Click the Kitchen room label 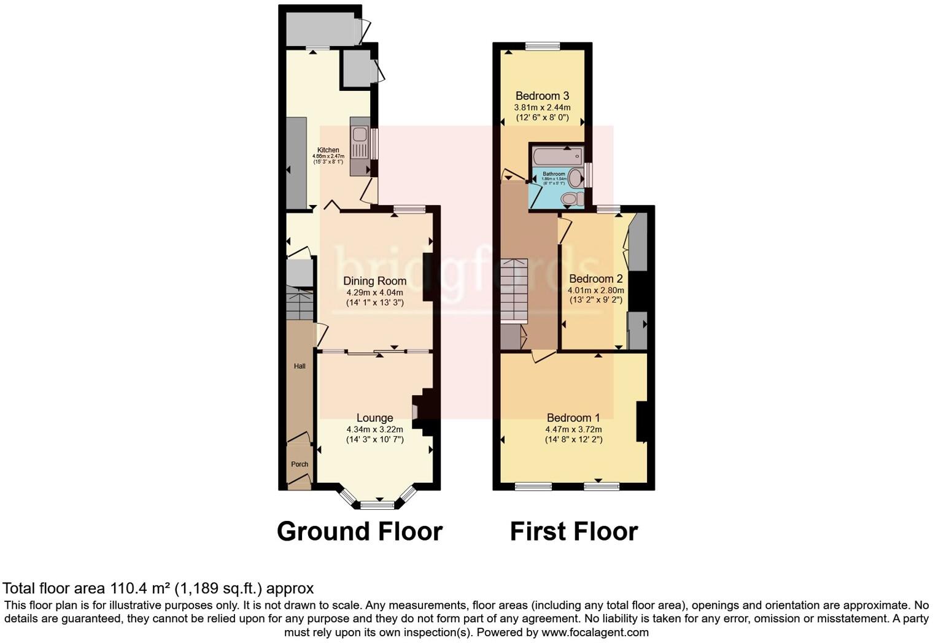click(x=328, y=150)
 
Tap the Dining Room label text click(x=374, y=281)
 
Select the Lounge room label click(x=374, y=418)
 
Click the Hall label click(x=300, y=366)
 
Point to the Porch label click(x=300, y=464)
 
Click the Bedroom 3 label click(x=542, y=96)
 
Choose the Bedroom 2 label click(x=595, y=279)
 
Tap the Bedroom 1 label click(x=573, y=418)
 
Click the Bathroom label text click(x=554, y=174)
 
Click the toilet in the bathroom click(x=572, y=198)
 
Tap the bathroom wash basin click(x=575, y=179)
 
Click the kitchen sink click(x=359, y=135)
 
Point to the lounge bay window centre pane click(x=377, y=506)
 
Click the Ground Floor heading click(x=360, y=531)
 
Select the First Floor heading click(x=573, y=531)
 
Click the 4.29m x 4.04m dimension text click(x=374, y=293)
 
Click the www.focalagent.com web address click(x=594, y=632)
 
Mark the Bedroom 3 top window click(x=543, y=45)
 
